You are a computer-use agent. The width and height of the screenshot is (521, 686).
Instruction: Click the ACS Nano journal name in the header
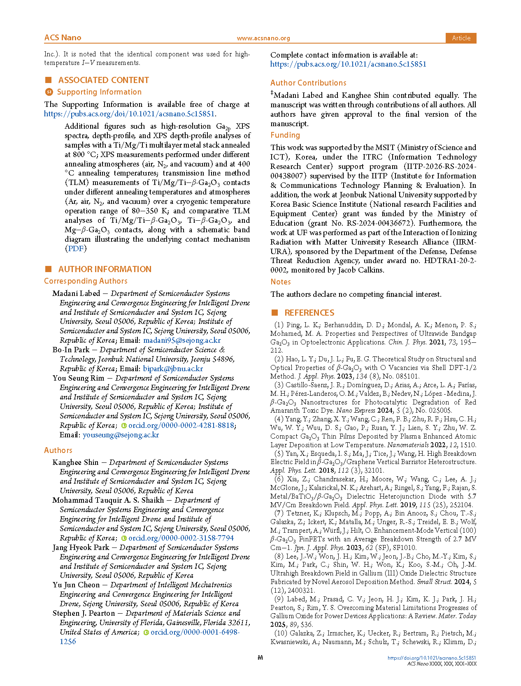63,38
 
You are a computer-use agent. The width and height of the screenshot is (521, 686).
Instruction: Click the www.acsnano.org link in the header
263,38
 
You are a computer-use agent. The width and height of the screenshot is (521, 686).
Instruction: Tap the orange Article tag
461,38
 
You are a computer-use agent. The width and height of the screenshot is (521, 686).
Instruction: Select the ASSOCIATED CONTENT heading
103,80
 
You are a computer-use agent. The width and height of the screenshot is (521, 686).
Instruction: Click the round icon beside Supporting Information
49,92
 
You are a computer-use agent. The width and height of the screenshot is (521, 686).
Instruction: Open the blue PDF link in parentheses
75,249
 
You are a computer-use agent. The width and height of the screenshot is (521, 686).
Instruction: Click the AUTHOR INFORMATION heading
105,269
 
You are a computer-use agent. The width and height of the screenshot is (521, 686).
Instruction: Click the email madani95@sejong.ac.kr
182,340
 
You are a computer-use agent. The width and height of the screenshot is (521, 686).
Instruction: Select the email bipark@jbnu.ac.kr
173,369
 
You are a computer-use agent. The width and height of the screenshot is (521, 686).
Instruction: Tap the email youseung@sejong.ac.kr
121,435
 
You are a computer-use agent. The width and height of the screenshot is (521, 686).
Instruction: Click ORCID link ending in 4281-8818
181,425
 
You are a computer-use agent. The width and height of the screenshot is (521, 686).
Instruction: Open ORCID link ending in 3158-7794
181,538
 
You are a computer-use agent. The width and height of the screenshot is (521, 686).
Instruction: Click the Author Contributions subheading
308,83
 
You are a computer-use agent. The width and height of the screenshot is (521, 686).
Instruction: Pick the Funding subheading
285,135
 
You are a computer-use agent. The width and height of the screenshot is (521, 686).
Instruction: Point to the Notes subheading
281,282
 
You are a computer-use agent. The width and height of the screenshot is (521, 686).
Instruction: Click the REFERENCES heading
309,313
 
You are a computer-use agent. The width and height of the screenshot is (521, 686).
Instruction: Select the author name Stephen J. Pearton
84,613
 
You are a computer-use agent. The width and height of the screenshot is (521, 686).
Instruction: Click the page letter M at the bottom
260,658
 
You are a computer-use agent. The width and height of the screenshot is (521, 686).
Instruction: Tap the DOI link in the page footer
432,658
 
